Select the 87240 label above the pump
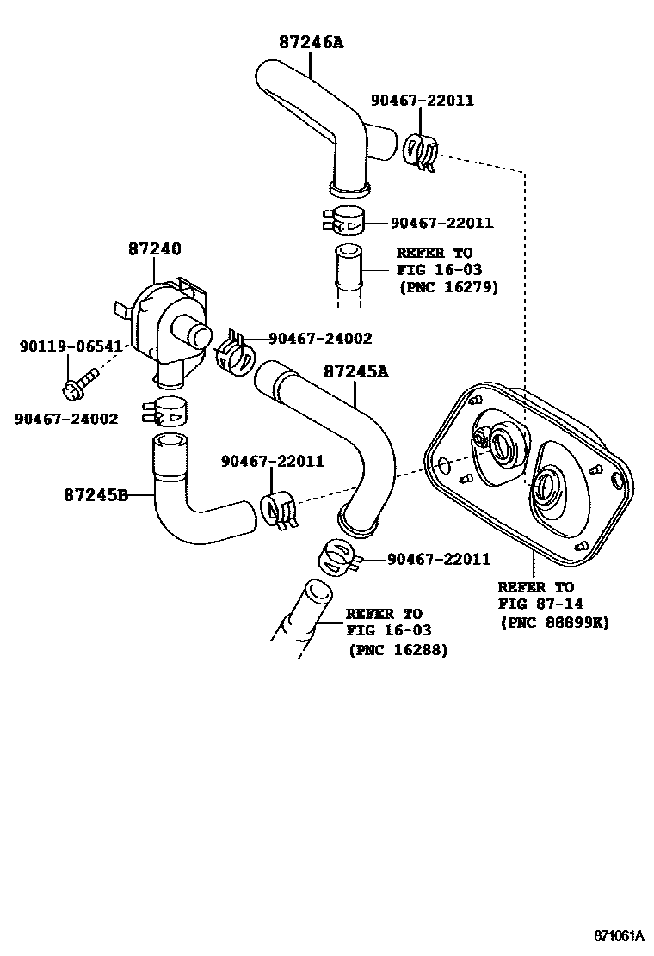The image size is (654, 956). (x=155, y=249)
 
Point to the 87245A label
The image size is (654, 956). (x=356, y=371)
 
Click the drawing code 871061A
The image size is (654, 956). (x=618, y=935)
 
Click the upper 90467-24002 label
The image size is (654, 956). (x=320, y=339)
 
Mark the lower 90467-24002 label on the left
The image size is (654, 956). (x=66, y=419)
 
